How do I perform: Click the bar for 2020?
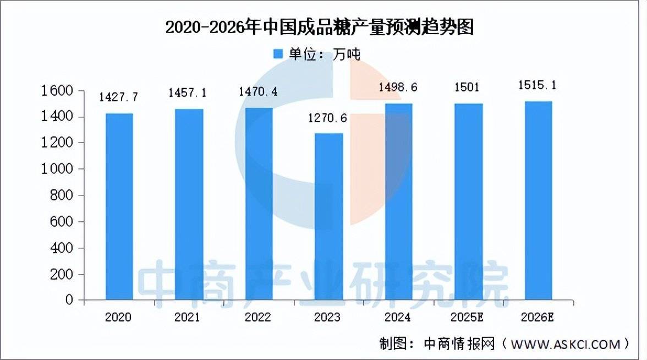point(119,206)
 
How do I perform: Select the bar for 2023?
point(329,216)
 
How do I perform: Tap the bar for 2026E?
point(539,200)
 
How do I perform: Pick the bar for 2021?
point(189,204)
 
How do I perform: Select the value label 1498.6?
point(399,88)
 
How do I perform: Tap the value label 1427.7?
point(119,97)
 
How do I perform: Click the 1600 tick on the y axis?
point(57,91)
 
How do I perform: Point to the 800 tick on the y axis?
point(61,195)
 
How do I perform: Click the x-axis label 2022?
point(259,318)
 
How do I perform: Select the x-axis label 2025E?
point(469,318)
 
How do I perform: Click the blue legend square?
point(278,54)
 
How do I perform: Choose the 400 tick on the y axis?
point(61,248)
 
